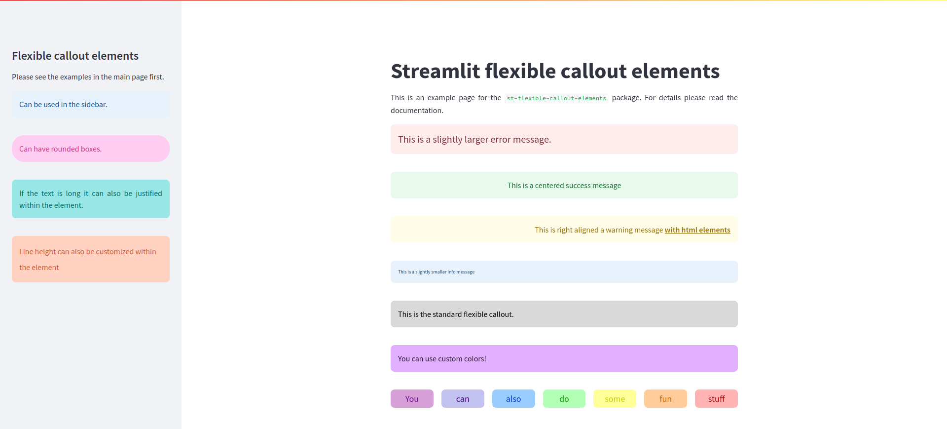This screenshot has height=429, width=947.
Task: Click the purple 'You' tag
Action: click(x=412, y=399)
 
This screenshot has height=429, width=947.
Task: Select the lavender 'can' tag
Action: click(x=463, y=399)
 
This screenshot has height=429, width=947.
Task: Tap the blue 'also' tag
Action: click(x=513, y=399)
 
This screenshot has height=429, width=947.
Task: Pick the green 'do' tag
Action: click(x=564, y=399)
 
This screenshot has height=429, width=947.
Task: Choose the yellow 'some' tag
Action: click(x=615, y=399)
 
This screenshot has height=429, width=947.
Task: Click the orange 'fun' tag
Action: click(x=665, y=399)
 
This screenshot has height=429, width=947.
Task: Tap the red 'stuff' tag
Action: click(x=716, y=399)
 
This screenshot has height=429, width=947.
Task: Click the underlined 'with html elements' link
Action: click(x=697, y=230)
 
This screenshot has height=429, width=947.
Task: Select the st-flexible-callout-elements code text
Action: click(x=556, y=98)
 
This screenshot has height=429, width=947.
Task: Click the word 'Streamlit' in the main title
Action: click(x=435, y=72)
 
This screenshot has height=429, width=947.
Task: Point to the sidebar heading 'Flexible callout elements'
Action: click(x=75, y=56)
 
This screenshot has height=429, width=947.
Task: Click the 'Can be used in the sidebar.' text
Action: click(x=63, y=105)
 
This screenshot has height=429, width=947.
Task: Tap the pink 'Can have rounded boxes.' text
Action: click(x=60, y=149)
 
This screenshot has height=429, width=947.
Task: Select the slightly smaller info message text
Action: click(x=436, y=272)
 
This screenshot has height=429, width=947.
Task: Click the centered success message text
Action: click(x=564, y=186)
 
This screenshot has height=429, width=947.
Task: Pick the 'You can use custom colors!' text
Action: click(x=442, y=359)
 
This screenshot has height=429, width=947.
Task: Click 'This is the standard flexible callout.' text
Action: click(x=455, y=314)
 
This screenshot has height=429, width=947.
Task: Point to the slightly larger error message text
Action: click(x=474, y=140)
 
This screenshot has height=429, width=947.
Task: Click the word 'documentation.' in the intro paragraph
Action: click(x=417, y=111)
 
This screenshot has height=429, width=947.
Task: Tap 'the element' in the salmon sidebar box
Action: click(x=39, y=268)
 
